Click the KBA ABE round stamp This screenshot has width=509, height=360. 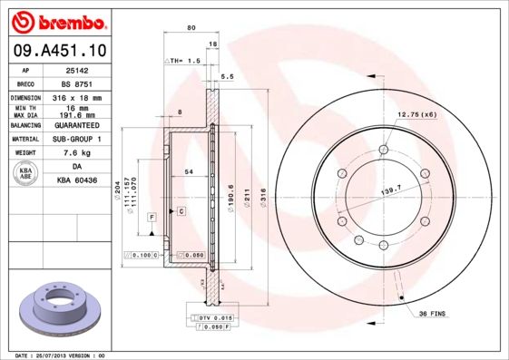[26, 174]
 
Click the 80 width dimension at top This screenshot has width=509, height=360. [191, 28]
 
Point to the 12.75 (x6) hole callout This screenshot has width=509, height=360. [416, 114]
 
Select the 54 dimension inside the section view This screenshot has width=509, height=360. [188, 171]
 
